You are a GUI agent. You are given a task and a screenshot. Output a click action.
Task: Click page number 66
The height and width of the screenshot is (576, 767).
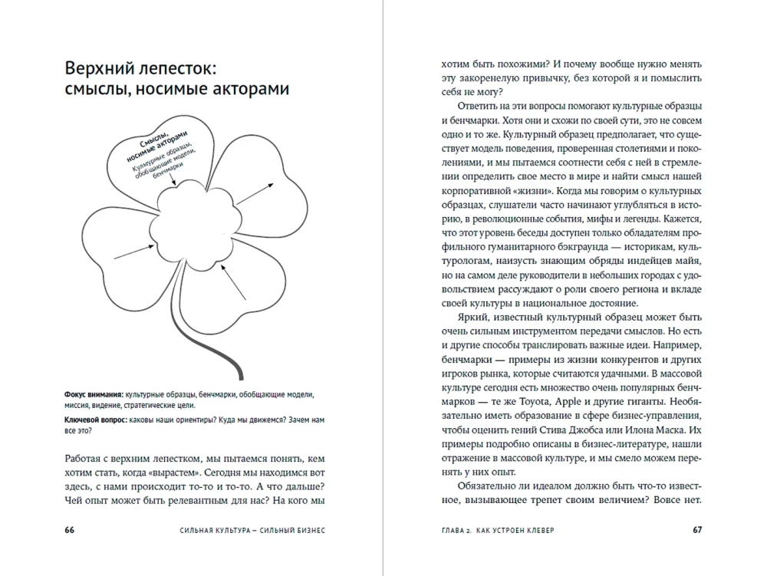(x=70, y=530)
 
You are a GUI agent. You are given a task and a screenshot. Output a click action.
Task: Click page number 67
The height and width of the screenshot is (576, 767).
(x=697, y=530)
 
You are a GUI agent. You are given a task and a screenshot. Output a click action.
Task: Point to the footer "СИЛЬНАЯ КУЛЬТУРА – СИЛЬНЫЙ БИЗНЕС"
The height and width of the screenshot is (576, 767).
(x=242, y=530)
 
